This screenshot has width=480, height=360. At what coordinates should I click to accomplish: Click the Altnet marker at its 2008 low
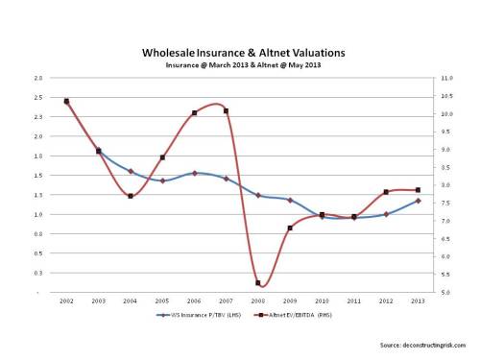(258, 282)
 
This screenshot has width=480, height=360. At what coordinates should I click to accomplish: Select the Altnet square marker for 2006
(194, 112)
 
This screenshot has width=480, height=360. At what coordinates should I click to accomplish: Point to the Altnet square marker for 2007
(227, 110)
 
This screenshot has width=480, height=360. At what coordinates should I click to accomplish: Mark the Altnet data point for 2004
(131, 196)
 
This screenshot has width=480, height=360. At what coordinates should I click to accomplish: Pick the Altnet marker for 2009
(290, 228)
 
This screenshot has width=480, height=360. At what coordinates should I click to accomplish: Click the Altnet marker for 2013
(418, 190)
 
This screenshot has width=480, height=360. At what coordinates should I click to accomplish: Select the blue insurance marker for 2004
(131, 172)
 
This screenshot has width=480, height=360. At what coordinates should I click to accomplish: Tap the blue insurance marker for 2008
(258, 195)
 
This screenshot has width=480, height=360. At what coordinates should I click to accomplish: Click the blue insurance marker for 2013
(418, 201)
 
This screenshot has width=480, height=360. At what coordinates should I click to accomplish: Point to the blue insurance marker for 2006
(194, 173)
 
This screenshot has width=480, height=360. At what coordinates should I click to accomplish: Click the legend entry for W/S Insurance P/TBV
(198, 314)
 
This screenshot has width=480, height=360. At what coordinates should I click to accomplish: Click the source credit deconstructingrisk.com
(422, 343)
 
